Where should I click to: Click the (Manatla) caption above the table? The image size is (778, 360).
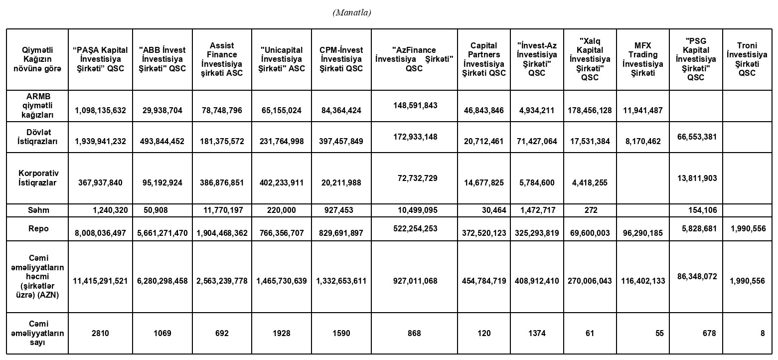coord(351,13)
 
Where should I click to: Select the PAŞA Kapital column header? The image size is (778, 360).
coord(100,59)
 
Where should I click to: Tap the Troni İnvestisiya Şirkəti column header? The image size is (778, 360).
coord(747,59)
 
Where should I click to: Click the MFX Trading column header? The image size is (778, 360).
coord(642,59)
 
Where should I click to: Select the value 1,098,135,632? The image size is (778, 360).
coord(100,111)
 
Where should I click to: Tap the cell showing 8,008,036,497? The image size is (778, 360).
coord(100,233)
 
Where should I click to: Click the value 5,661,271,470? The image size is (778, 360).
coord(162,233)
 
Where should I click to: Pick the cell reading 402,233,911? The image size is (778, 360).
coord(282,183)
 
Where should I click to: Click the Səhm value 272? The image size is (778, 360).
coord(590,210)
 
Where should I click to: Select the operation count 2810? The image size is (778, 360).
coord(100,333)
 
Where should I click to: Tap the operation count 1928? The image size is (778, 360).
coord(282,333)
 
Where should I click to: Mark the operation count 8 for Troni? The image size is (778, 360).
coord(762,333)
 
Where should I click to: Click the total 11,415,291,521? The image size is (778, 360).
coord(100,281)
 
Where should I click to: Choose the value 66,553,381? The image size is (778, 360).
coord(695,136)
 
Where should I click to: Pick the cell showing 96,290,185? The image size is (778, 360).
coord(642,233)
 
